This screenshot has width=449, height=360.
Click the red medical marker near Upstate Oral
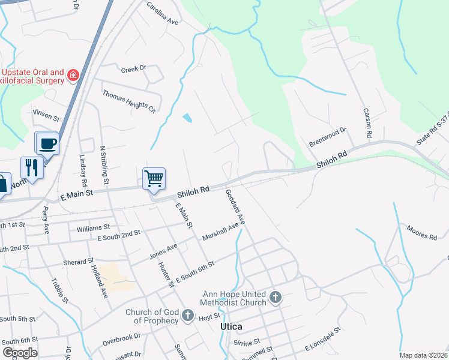click(73, 76)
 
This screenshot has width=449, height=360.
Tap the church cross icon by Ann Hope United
click(275, 298)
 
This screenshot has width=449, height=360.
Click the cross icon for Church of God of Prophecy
click(187, 315)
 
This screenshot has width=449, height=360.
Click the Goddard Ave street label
click(236, 207)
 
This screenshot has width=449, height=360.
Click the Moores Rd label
click(421, 233)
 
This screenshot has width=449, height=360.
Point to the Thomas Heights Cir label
click(128, 101)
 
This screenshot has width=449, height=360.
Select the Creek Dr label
click(133, 69)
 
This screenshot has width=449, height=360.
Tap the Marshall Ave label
click(220, 230)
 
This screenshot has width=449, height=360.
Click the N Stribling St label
click(104, 164)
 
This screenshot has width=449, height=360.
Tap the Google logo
click(20, 352)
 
